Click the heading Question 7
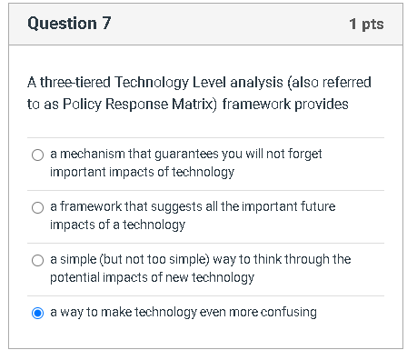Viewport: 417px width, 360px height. coord(69,25)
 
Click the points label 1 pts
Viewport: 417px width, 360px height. coord(366,25)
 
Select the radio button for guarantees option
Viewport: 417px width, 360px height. coord(37,155)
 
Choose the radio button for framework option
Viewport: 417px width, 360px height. coord(37,208)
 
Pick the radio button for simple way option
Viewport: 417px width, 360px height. coord(37,261)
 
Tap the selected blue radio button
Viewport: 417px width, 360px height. coord(37,313)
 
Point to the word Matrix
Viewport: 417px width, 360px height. coord(197,104)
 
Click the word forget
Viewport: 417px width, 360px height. coord(303,155)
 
